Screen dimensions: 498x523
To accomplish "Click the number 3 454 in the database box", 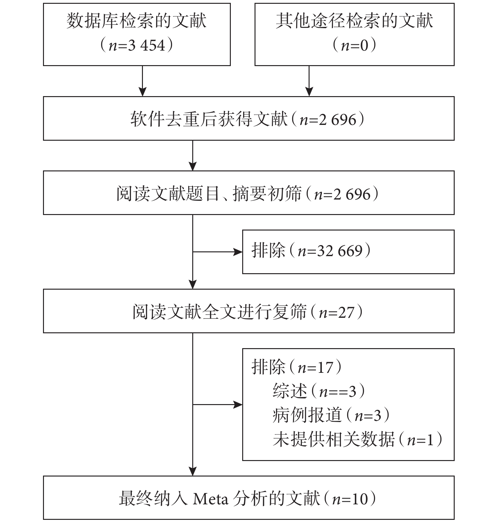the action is point(146,45).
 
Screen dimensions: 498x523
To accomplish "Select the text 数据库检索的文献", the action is point(137,21).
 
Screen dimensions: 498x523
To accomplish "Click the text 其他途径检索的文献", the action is point(354,21).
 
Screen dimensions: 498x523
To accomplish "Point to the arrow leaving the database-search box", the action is point(143,81).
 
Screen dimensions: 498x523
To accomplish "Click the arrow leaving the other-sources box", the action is point(309,81).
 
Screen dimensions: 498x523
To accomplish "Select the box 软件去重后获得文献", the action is point(249,119).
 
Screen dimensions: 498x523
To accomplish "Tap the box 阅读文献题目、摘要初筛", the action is point(249,193).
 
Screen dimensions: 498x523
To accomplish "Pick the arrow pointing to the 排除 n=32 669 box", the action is point(218,252).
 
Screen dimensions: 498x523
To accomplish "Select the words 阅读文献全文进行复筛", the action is point(220,312).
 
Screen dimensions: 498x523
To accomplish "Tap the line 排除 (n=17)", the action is point(297,367).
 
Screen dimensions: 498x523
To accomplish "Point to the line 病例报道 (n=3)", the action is point(331,415).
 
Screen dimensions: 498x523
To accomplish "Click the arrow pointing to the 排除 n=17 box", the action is point(218,404).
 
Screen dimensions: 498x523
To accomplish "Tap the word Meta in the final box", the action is point(211,499).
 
